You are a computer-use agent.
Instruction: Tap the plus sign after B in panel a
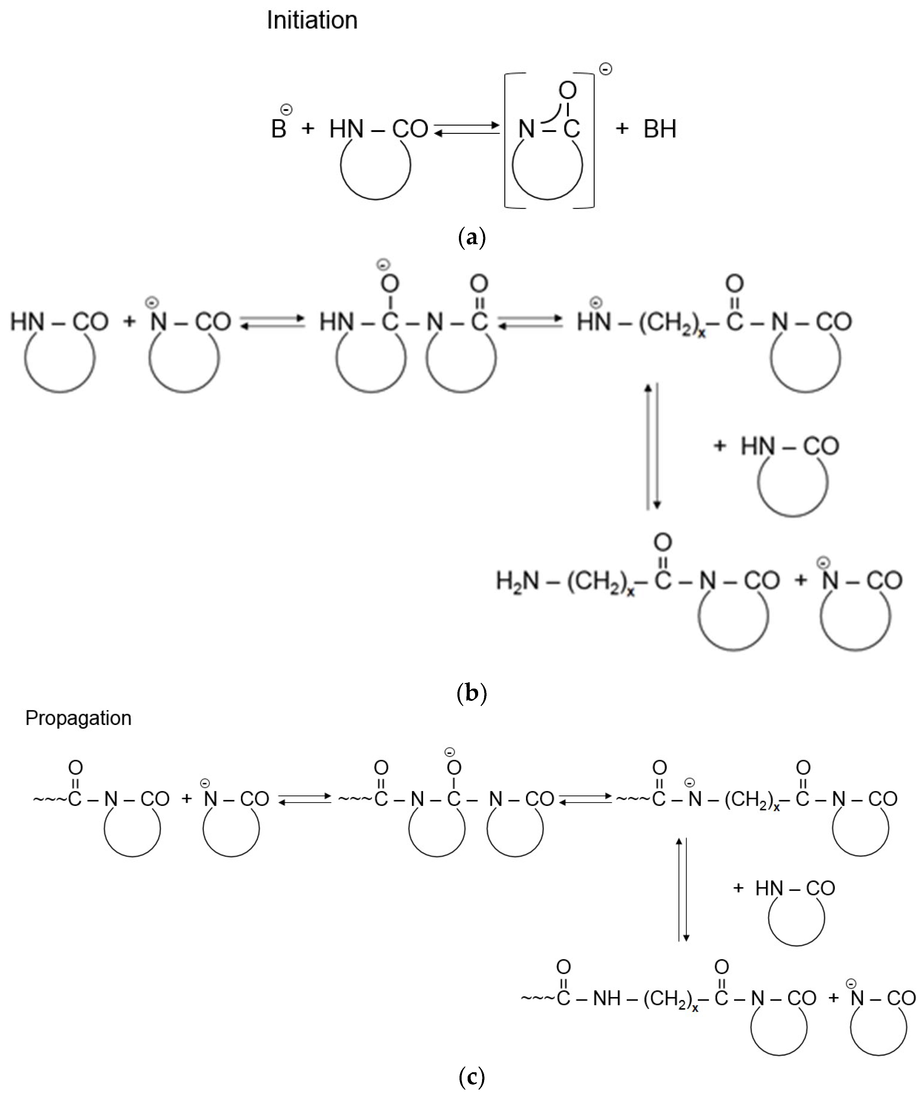[x=308, y=128]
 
